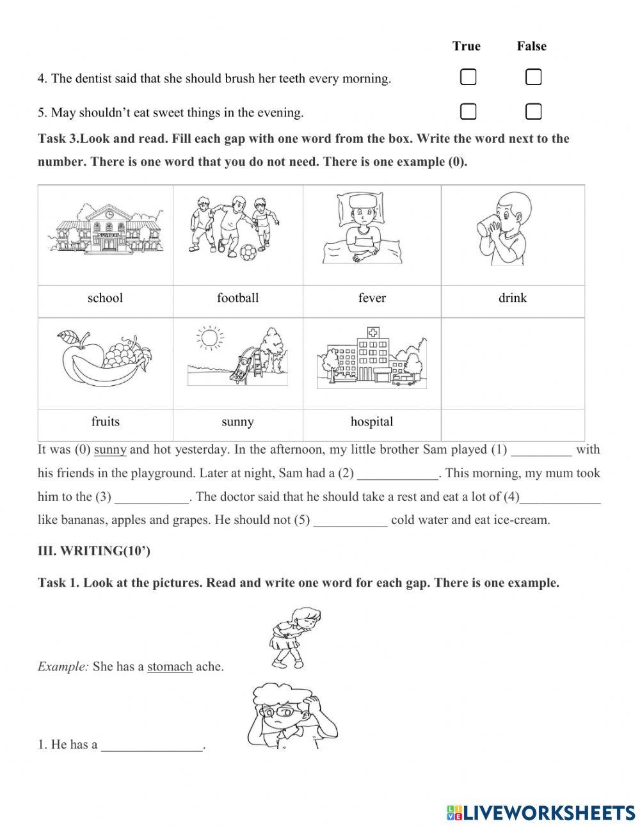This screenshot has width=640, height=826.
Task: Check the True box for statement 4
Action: pos(468,77)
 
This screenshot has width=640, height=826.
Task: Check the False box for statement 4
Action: pos(533,77)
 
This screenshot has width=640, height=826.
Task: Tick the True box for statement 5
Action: pos(468,111)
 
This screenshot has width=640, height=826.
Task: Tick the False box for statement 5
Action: pos(533,111)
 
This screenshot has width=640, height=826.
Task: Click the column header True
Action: pos(466,46)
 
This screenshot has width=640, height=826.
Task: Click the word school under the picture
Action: pos(105,298)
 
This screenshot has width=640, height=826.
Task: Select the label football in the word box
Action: pos(237,298)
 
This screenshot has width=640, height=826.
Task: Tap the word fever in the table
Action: pos(372,298)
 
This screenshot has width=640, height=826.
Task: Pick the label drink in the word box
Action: pos(512,298)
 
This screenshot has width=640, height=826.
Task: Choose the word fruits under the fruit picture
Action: pos(105,422)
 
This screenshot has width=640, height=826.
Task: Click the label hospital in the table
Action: pos(372,422)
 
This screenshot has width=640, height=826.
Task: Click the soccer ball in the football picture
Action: pos(247,253)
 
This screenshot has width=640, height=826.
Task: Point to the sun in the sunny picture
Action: pos(209,337)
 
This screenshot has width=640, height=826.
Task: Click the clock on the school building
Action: pos(109,214)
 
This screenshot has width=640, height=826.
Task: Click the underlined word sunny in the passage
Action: pos(110,450)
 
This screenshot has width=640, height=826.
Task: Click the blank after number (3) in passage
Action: pos(152,497)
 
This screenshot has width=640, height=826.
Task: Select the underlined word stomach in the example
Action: pos(170,667)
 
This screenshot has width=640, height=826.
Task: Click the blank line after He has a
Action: pos(152,745)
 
